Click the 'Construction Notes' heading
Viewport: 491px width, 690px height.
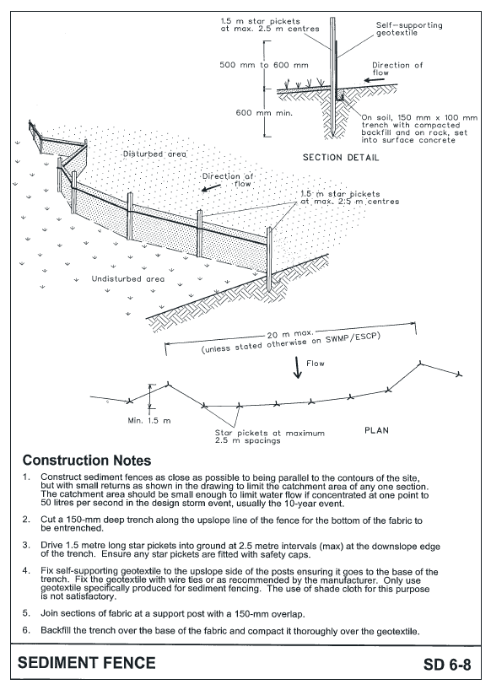point(87,461)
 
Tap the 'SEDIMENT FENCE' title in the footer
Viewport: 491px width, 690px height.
point(88,663)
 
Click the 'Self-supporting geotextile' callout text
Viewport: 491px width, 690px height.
point(408,30)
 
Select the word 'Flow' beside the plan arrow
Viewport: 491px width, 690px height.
point(316,364)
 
